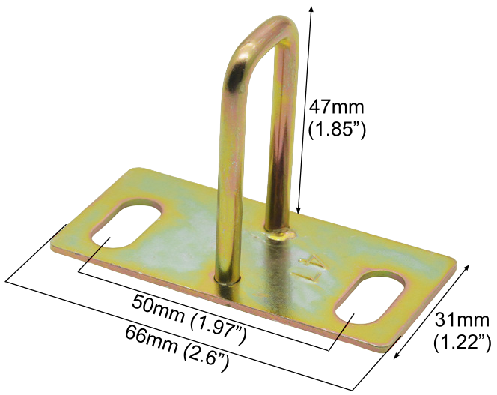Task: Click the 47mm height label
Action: pos(337,107)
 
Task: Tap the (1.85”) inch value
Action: pos(337,130)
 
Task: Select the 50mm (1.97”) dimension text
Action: pos(189,319)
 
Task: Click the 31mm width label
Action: pos(462,320)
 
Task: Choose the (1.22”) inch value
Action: pos(462,343)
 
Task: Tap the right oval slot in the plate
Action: pos(371,298)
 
